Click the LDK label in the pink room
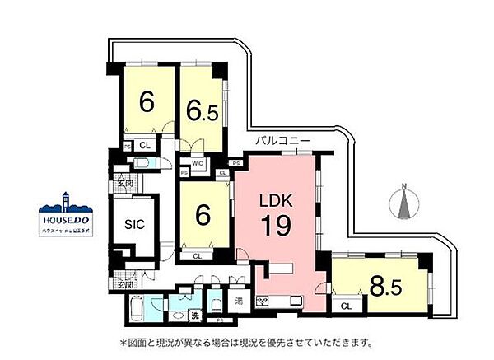click(x=273, y=200)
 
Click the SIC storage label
click(x=134, y=223)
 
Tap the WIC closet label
click(x=198, y=164)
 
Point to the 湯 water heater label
click(x=238, y=300)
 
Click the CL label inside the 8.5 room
click(x=346, y=306)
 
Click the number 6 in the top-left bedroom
click(x=147, y=102)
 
